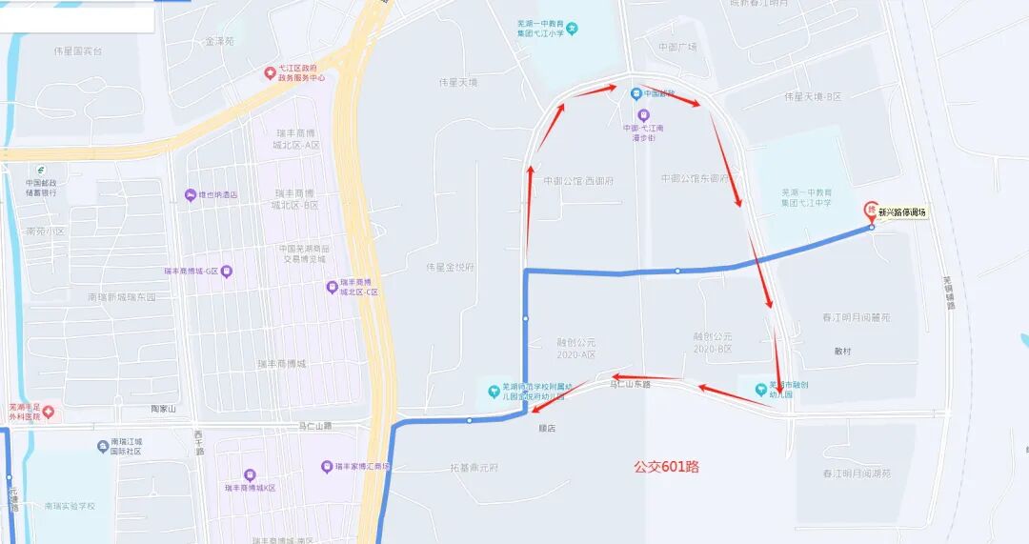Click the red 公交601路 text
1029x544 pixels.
pyautogui.click(x=667, y=467)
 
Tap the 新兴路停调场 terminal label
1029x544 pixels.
pyautogui.click(x=903, y=212)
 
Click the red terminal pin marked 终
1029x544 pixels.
pyautogui.click(x=870, y=210)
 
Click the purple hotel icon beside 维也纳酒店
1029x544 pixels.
pyautogui.click(x=190, y=195)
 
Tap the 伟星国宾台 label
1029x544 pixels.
pyautogui.click(x=78, y=50)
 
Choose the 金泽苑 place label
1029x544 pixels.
pyautogui.click(x=219, y=42)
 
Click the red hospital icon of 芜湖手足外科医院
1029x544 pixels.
pyautogui.click(x=49, y=412)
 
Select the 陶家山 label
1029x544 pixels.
pyautogui.click(x=165, y=409)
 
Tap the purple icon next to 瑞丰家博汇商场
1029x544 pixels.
pyautogui.click(x=327, y=467)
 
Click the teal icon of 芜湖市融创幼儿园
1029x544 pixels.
pyautogui.click(x=760, y=388)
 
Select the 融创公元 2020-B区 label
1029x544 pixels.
pyautogui.click(x=713, y=342)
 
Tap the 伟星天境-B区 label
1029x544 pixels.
pyautogui.click(x=813, y=97)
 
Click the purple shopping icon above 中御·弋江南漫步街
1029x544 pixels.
pyautogui.click(x=642, y=114)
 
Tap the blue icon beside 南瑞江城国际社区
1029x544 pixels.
pyautogui.click(x=103, y=446)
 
